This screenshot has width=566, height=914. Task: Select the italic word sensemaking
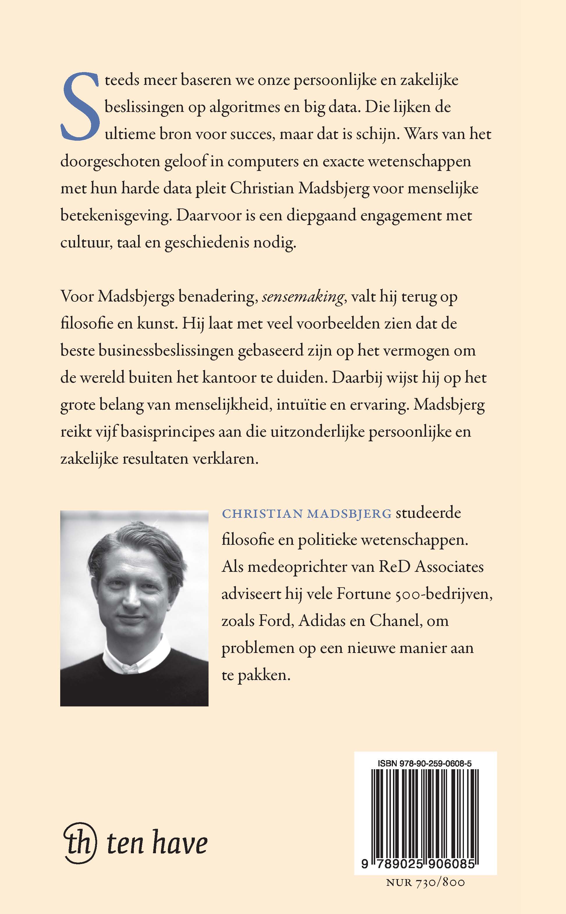pos(302,297)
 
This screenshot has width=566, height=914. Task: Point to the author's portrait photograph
pos(134,608)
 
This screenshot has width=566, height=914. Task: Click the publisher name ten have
pos(157,844)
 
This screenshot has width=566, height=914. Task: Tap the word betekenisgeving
pos(115,216)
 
